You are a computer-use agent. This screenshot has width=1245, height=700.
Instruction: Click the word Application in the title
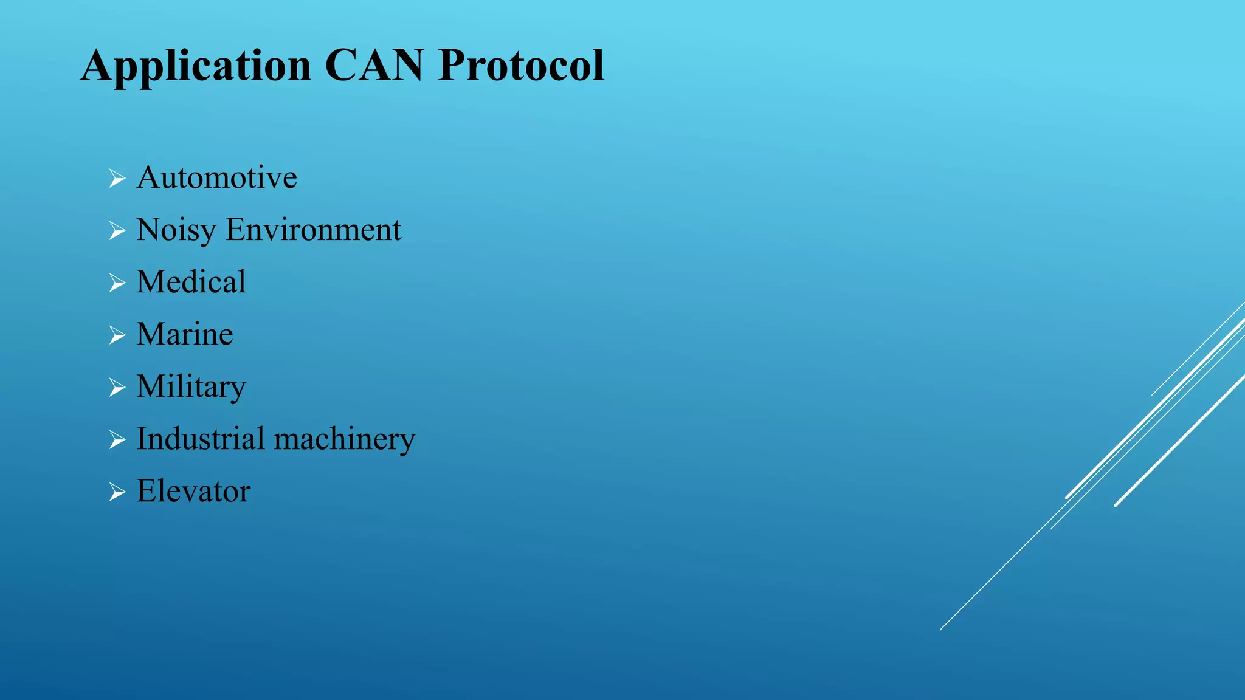click(196, 66)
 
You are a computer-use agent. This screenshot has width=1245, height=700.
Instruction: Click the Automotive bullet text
click(216, 177)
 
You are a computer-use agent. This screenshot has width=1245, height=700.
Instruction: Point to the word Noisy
click(176, 230)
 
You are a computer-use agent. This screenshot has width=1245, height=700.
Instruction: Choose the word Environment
click(313, 230)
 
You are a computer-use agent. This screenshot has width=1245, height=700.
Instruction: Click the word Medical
click(191, 282)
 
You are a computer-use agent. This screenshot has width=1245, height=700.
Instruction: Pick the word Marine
click(184, 334)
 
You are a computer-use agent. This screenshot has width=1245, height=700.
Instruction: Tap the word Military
click(191, 387)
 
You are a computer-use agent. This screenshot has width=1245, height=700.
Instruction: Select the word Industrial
click(201, 439)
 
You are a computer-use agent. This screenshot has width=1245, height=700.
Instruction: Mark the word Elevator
click(193, 491)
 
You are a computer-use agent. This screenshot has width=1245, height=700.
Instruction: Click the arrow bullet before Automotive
click(117, 179)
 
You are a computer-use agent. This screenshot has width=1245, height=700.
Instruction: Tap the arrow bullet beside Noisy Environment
click(117, 231)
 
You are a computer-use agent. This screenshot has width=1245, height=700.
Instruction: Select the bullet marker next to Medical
click(117, 283)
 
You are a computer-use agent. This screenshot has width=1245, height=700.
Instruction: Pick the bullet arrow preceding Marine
click(117, 335)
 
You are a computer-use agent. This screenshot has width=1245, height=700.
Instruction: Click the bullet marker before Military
click(117, 388)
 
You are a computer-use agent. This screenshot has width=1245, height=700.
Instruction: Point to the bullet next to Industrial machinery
click(117, 440)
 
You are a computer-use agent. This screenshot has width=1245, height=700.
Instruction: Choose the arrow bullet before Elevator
click(117, 492)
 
